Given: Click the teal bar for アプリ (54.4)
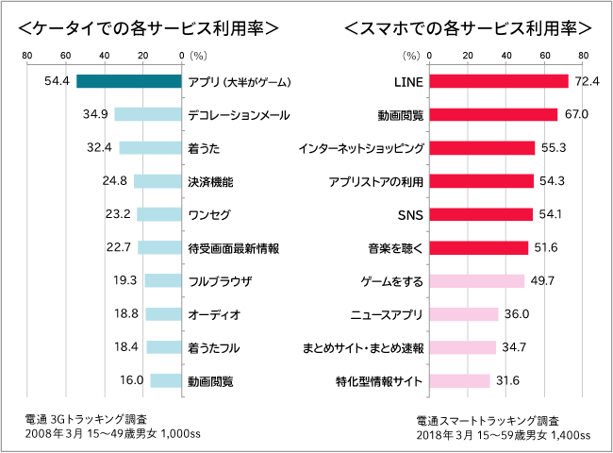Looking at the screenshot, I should pos(128,81).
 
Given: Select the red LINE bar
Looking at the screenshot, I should pos(499,81).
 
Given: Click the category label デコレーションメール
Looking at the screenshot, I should pos(238,115).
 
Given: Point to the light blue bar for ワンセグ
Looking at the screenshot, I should pos(158,214).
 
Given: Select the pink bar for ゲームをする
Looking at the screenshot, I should pos(477,281).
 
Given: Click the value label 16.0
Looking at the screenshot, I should pos(132,381).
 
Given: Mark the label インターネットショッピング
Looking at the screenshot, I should pos(360,148).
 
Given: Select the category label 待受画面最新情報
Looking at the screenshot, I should pos(233,248).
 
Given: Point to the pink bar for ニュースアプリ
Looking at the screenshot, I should pos(464,314).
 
